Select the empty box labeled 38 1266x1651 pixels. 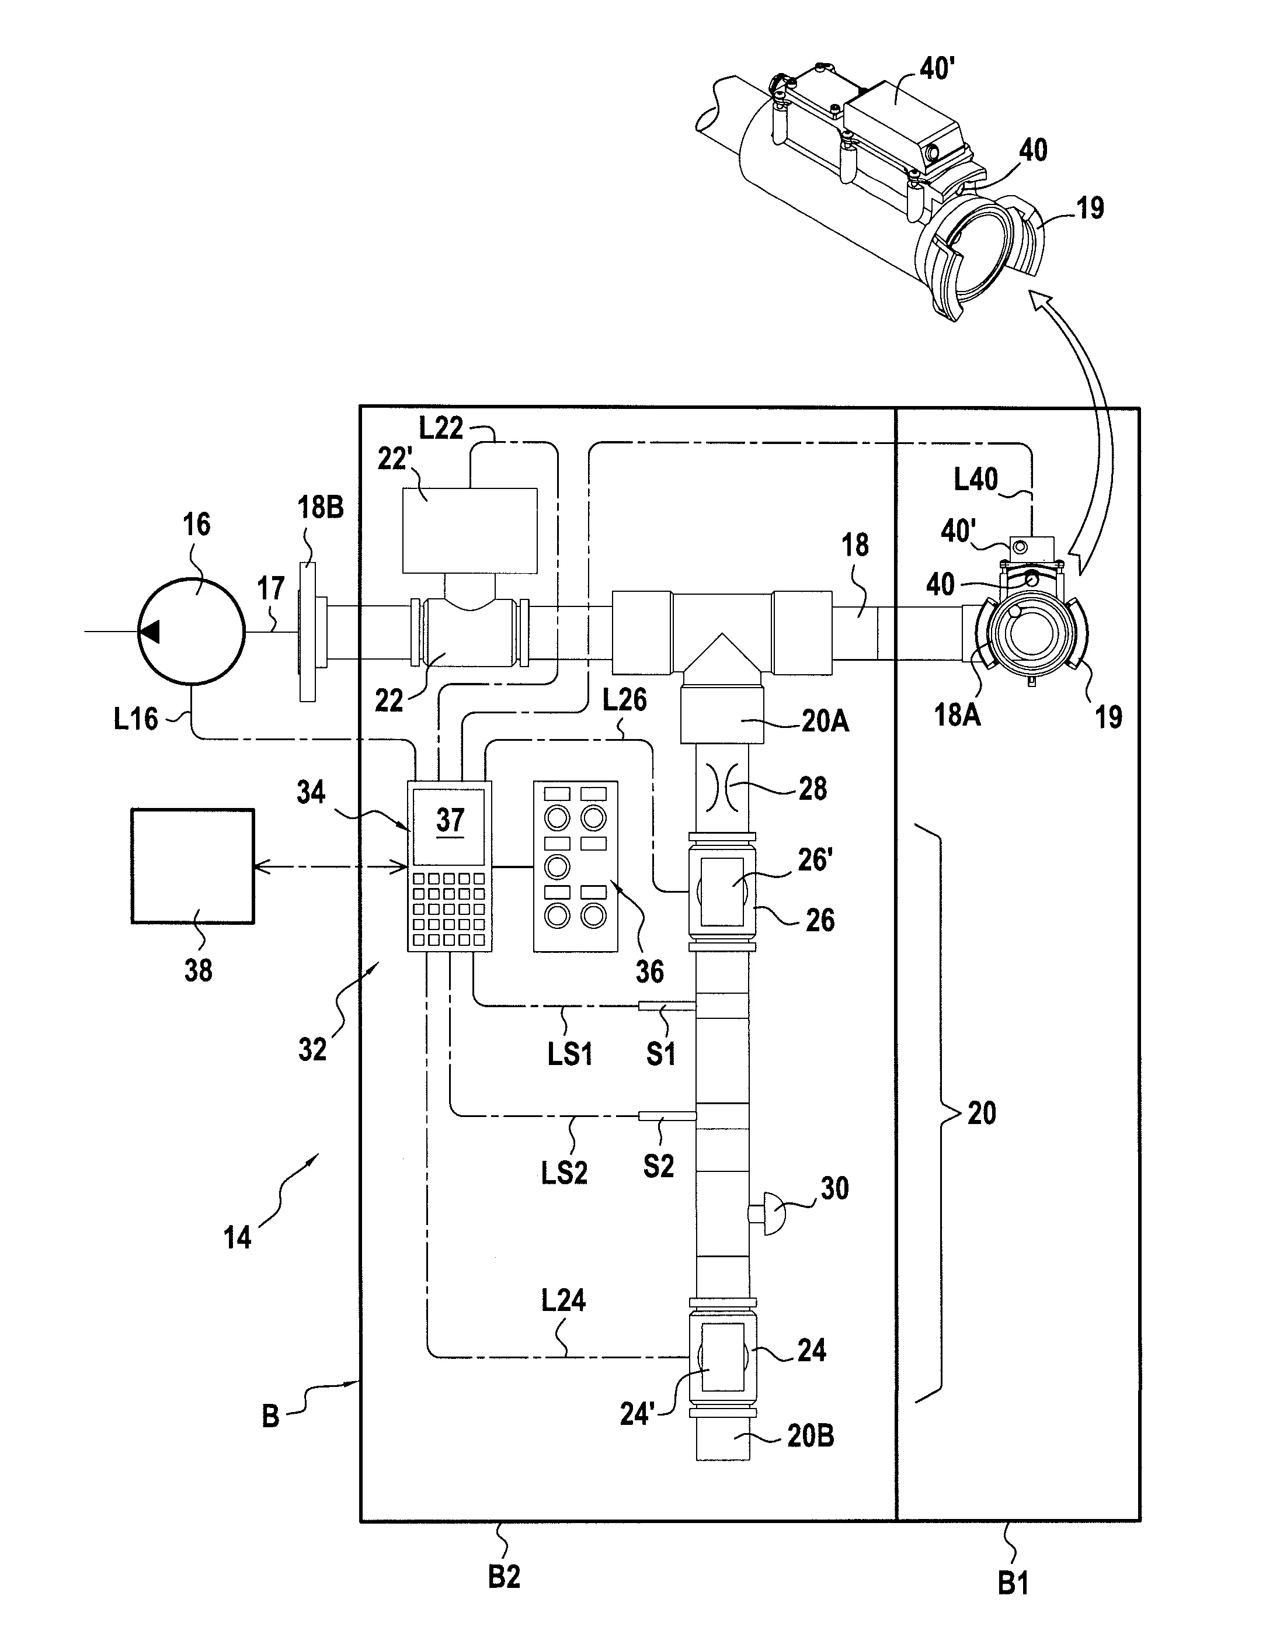pyautogui.click(x=193, y=865)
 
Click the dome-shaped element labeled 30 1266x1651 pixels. pyautogui.click(x=768, y=1214)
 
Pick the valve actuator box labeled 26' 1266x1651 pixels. pyautogui.click(x=722, y=891)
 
